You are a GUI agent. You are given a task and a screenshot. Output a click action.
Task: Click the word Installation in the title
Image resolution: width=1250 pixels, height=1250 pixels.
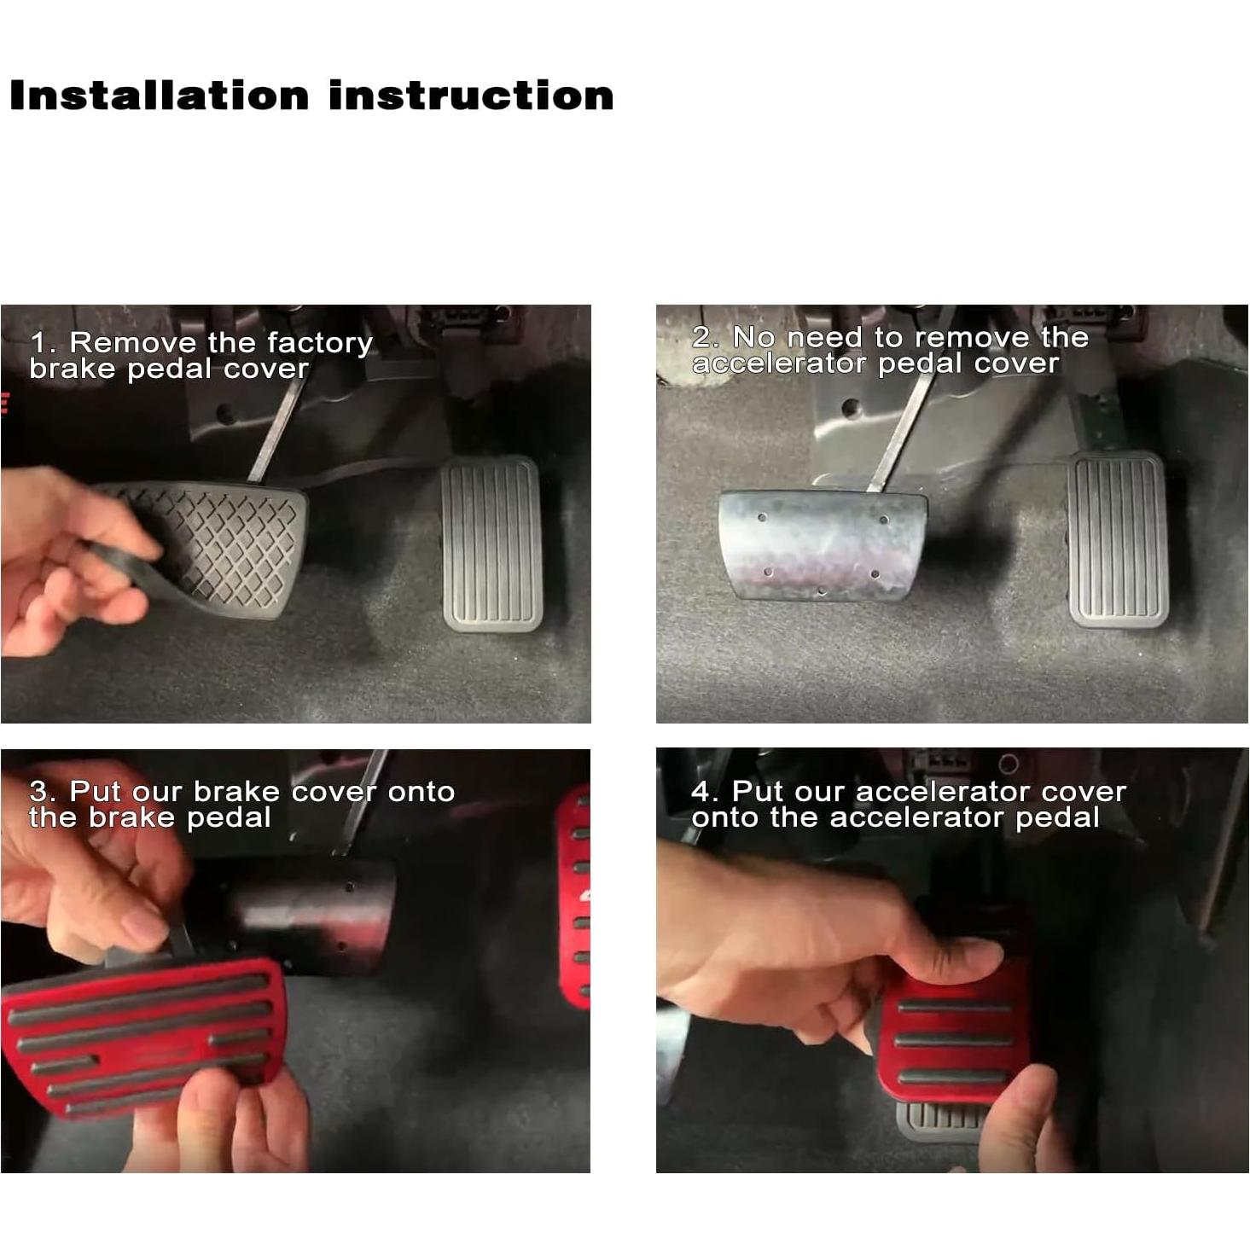tap(159, 96)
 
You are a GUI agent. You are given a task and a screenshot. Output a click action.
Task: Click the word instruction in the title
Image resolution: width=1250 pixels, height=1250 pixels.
tap(471, 96)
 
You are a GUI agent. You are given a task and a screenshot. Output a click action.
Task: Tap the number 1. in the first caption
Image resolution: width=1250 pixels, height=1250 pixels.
tap(43, 343)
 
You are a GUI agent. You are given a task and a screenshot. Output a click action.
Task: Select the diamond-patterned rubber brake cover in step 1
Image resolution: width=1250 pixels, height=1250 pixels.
tap(222, 546)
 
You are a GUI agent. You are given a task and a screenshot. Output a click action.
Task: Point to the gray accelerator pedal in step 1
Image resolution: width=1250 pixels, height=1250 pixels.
tap(492, 544)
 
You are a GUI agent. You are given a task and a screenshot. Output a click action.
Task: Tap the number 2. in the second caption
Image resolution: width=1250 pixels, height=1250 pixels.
tap(706, 337)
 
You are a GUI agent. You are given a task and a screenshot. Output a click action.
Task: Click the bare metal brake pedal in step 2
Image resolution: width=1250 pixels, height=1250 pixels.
tap(821, 543)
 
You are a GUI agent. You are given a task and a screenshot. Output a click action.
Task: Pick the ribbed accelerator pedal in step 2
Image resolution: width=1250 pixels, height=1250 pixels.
tap(1118, 539)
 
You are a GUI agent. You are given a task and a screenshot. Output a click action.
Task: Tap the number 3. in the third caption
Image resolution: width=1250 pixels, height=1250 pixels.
tap(43, 792)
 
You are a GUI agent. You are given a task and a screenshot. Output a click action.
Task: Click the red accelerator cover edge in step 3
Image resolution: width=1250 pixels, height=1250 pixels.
tap(575, 896)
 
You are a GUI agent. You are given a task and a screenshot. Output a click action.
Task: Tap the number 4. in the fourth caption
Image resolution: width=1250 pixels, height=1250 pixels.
tap(706, 792)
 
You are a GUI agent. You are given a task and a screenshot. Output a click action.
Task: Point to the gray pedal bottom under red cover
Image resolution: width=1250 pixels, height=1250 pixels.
tap(939, 1118)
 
